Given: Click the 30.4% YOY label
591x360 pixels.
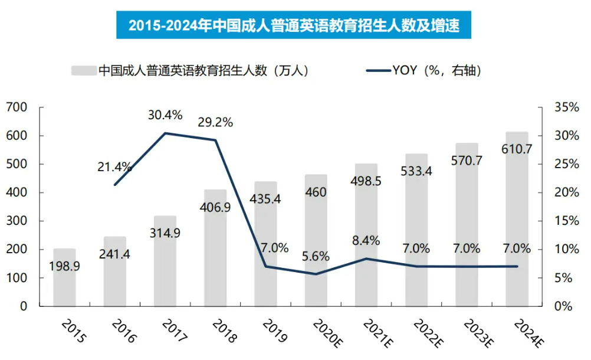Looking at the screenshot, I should point(165,114).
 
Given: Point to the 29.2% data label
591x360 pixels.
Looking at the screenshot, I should point(215,123).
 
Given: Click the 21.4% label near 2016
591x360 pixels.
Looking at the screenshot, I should point(114,167).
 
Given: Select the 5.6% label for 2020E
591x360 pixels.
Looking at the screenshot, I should point(316,257).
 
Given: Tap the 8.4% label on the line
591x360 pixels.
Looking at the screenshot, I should point(366,241).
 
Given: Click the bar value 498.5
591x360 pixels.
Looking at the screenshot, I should point(366,181).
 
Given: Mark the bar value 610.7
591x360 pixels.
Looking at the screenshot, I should point(517,149).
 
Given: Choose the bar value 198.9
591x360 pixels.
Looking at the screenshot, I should point(64,267).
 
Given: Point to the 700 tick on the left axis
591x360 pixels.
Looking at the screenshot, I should point(17,107).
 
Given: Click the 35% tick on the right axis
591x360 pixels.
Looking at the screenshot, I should point(567,107).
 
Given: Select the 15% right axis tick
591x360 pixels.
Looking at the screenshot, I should point(567,221).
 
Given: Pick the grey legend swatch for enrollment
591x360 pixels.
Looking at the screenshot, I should point(83,70).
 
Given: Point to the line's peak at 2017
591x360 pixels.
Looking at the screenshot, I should point(165,133).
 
